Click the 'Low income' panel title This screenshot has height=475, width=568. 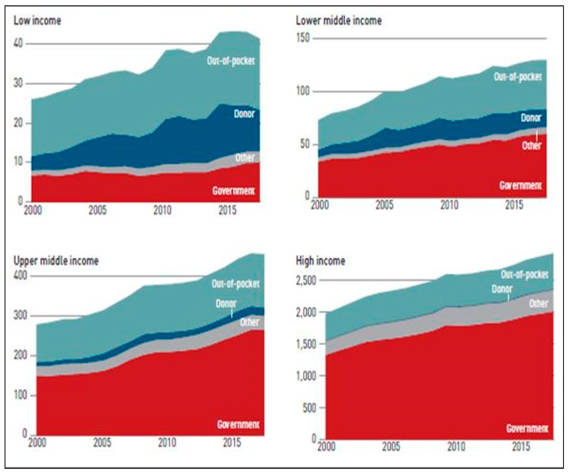pyautogui.click(x=37, y=21)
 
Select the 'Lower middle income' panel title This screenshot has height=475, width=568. pyautogui.click(x=339, y=21)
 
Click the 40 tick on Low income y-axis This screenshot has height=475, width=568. pyautogui.click(x=18, y=43)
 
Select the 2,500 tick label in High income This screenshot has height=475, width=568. pyautogui.click(x=306, y=281)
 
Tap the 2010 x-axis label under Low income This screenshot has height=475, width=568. pyautogui.click(x=162, y=210)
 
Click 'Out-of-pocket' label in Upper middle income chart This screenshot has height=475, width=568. pyautogui.click(x=235, y=284)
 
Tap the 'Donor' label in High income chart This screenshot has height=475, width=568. pyautogui.click(x=502, y=289)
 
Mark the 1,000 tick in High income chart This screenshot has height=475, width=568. pyautogui.click(x=306, y=376)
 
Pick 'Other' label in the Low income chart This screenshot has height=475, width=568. pyautogui.click(x=245, y=157)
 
